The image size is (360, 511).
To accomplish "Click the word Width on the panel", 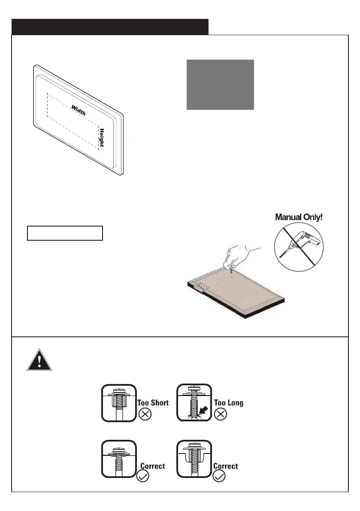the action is [x=78, y=110].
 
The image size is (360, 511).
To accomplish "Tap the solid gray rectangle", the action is [x=220, y=85].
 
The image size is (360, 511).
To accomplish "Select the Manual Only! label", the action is [x=299, y=217].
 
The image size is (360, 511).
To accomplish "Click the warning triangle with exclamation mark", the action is [x=39, y=360].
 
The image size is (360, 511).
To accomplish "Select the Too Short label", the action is [x=153, y=403].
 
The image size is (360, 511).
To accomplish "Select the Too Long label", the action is [x=229, y=403].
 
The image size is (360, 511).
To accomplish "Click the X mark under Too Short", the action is [x=145, y=415].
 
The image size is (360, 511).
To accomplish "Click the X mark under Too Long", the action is [x=220, y=415].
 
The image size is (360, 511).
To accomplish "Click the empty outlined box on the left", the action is [x=65, y=233].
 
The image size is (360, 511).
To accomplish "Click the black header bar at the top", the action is [x=110, y=27].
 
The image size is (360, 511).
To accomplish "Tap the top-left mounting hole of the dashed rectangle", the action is [x=47, y=93].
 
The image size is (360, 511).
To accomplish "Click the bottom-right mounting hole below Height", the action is [x=99, y=149].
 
